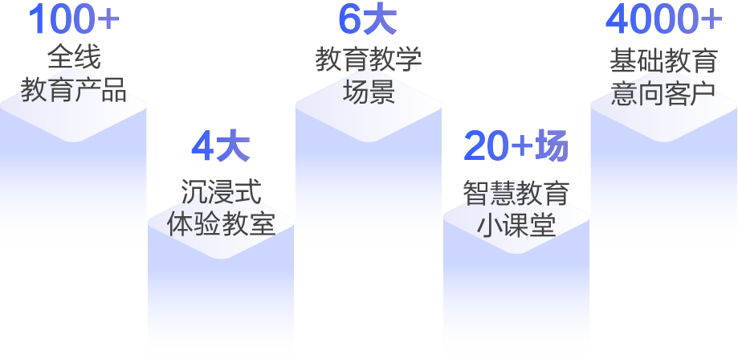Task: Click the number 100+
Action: (x=73, y=20)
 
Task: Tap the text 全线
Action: (x=73, y=57)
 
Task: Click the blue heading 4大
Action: (x=221, y=147)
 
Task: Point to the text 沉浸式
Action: (x=221, y=191)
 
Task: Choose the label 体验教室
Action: (x=221, y=223)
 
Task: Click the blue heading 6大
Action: (x=368, y=20)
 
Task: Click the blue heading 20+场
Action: (x=516, y=146)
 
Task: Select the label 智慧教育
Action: (x=516, y=192)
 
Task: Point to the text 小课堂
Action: (x=516, y=224)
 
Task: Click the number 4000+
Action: (x=663, y=20)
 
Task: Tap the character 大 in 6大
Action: (x=381, y=20)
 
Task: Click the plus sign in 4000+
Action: (x=710, y=21)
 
